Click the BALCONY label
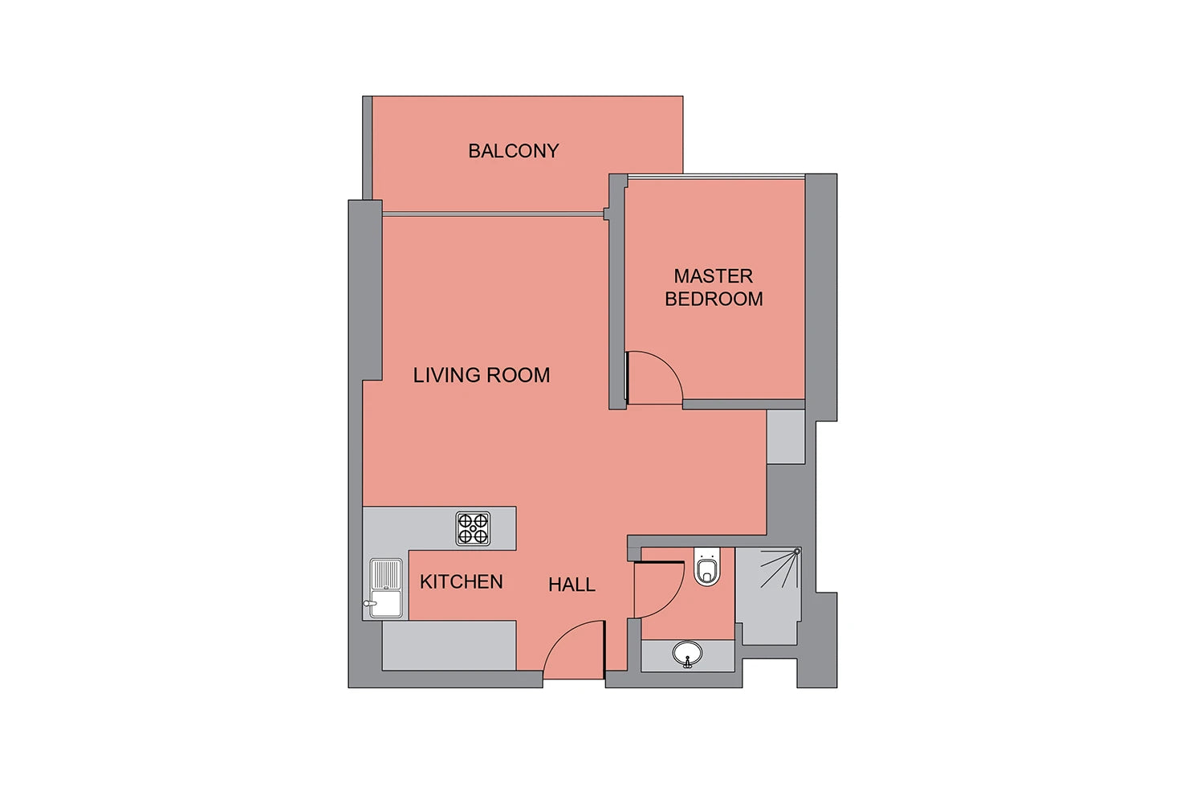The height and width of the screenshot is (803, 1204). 514,151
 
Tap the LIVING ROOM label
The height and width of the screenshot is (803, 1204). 482,376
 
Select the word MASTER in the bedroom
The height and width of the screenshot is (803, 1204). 714,276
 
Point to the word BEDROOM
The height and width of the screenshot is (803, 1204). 714,299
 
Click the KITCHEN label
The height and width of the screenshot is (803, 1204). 462,582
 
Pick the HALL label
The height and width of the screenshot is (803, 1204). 571,585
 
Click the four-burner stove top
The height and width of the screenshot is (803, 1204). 473,528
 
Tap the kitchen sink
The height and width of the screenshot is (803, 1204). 386,588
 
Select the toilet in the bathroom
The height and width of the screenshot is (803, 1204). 707,566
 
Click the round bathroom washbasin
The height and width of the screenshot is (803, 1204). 687,654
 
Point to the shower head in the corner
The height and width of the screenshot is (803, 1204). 797,552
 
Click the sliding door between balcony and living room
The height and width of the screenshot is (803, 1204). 493,214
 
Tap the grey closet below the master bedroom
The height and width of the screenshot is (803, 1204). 785,437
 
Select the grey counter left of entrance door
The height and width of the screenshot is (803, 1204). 449,646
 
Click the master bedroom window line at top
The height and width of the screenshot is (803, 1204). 716,176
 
